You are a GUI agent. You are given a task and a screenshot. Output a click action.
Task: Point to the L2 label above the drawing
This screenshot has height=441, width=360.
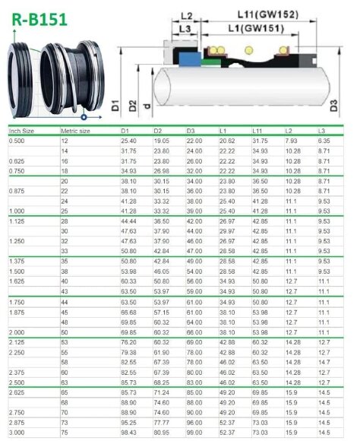(x=188, y=14)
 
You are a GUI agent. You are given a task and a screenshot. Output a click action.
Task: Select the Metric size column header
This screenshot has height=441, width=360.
(x=76, y=132)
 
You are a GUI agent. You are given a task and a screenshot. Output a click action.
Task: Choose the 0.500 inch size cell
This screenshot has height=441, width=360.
(x=16, y=141)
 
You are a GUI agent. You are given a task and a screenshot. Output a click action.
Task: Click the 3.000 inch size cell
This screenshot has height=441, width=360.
(x=16, y=432)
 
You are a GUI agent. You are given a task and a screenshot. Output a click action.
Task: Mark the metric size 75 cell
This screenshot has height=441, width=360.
(x=65, y=432)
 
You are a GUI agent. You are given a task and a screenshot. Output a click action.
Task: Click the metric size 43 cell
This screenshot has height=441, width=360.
(x=65, y=290)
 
